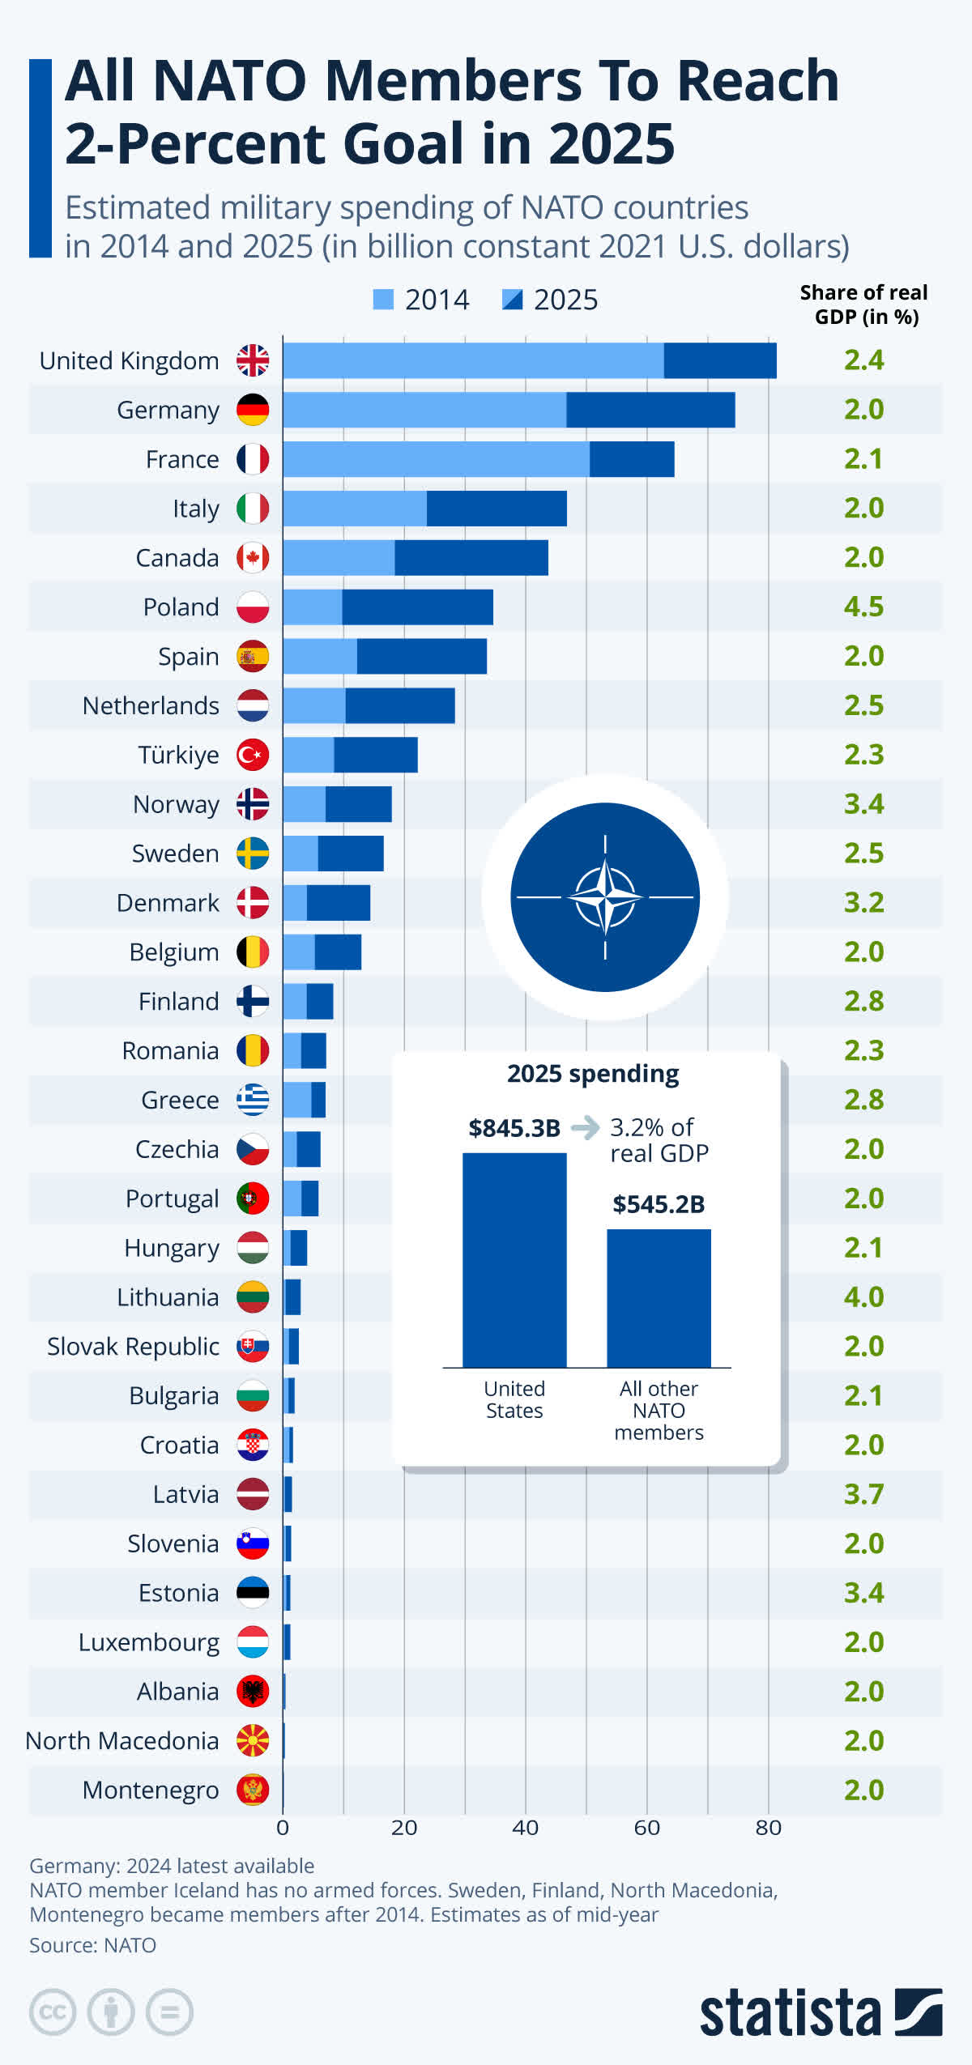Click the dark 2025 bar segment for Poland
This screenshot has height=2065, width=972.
coord(417,607)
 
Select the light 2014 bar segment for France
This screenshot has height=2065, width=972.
coord(436,459)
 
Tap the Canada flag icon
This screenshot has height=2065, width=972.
coord(253,558)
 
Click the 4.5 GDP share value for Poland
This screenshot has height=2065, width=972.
coord(863,607)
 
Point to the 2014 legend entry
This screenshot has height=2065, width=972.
coord(421,300)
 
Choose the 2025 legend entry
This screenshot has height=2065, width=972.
coord(550,300)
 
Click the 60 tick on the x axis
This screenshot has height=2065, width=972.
coord(646,1828)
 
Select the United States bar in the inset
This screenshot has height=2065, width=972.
coord(514,1259)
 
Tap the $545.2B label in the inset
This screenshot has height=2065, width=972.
coord(659,1204)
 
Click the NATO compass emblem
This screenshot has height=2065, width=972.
coord(605,897)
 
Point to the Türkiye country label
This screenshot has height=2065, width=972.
coord(178,755)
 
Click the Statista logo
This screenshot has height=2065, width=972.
coord(821,2012)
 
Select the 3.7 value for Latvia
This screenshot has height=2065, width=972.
coord(863,1494)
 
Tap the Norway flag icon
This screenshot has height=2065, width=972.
coord(253,804)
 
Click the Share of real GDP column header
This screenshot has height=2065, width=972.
coord(864,304)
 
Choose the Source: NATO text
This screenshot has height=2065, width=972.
coord(93,1945)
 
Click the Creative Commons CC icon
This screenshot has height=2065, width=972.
coord(53,2012)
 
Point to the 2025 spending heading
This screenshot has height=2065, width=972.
coord(593,1074)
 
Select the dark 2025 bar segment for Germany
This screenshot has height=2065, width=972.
coord(650,410)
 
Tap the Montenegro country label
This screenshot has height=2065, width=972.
coord(151,1790)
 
